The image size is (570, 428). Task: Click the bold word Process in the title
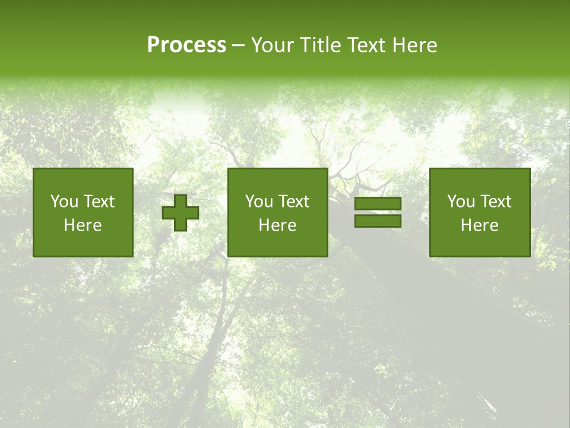186,45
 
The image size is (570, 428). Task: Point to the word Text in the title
366,45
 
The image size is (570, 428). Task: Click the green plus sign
180,212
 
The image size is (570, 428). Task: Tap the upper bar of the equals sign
378,204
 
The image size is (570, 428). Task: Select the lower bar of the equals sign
378,221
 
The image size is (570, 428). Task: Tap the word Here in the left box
83,225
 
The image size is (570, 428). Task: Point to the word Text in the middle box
294,202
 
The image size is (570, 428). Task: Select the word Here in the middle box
278,225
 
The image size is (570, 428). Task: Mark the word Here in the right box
480,225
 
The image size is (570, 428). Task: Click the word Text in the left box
99,202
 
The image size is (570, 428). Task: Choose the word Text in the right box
496,202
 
